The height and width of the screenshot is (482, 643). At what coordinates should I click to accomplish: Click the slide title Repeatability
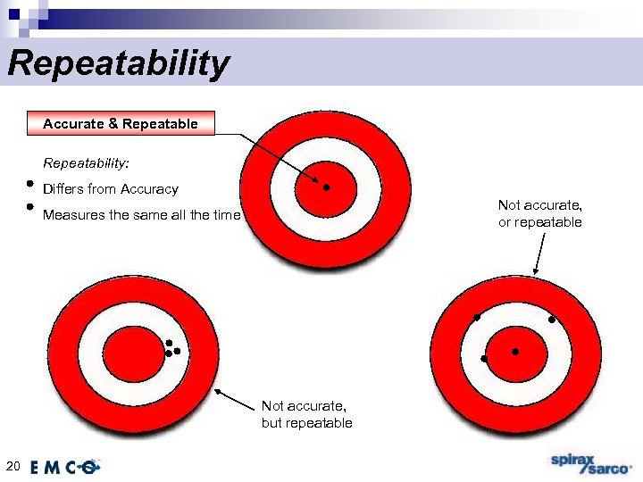[x=118, y=64]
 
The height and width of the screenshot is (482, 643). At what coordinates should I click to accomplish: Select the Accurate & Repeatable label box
[x=121, y=124]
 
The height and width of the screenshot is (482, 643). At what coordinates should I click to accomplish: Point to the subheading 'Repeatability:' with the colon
[x=86, y=164]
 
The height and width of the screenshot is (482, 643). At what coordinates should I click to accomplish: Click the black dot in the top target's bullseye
[x=327, y=187]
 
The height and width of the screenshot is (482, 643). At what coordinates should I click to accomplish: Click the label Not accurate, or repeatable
[x=539, y=213]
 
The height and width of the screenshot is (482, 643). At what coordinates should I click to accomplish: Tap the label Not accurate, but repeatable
[x=306, y=413]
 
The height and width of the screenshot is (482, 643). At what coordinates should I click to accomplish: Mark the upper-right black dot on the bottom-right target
[x=552, y=320]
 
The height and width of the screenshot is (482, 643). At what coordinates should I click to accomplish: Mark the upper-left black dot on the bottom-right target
[x=477, y=318]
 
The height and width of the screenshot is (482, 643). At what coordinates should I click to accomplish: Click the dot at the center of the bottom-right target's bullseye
[x=515, y=352]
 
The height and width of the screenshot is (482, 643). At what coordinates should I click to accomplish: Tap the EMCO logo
[x=64, y=466]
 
